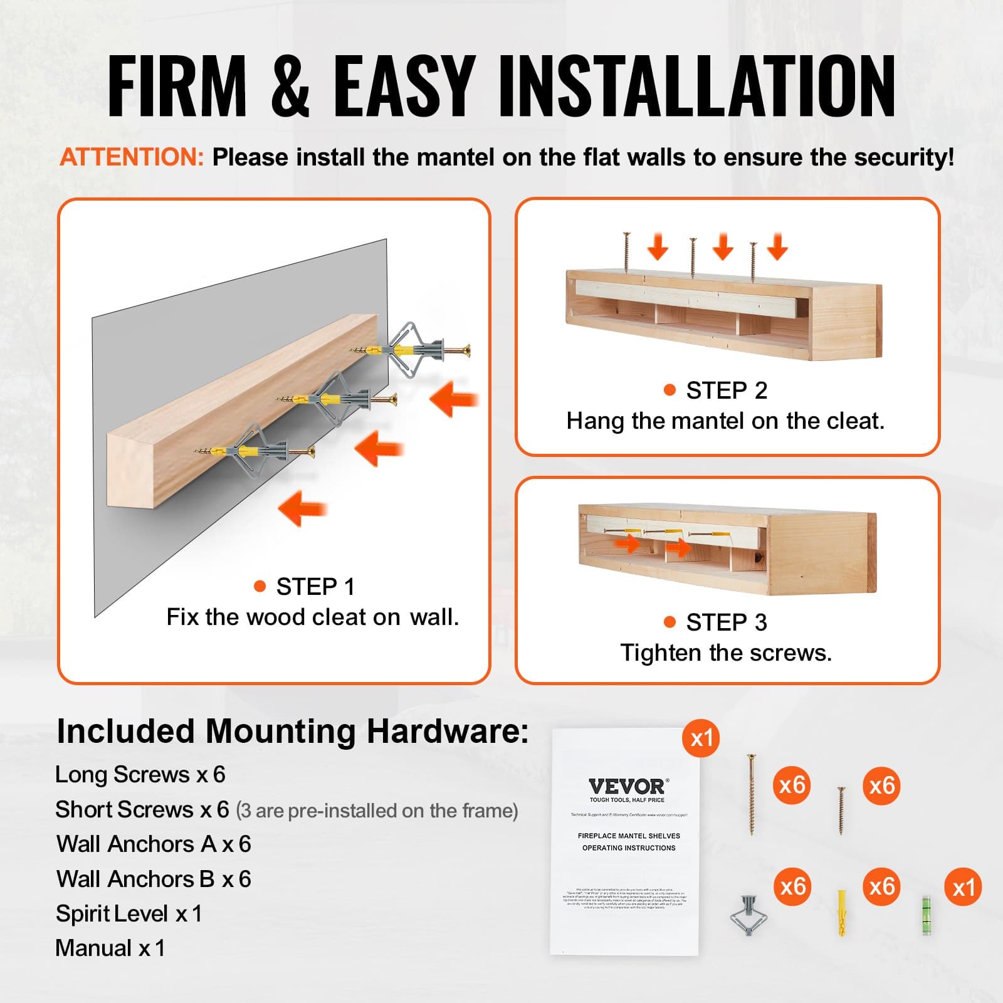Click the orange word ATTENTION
pos(132,157)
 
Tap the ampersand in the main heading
pos(290,86)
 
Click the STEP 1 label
pos(315,587)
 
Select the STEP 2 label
pos(726,391)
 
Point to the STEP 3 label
pos(726,622)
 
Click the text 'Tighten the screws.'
pos(726,653)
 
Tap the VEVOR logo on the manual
pos(628,787)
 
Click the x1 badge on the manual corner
pos(701,738)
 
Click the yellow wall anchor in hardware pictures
pos(842,913)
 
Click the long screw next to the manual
pos(751,794)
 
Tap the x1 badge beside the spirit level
pos(963,887)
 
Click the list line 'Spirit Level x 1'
pos(129,914)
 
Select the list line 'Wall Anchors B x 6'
pos(154,879)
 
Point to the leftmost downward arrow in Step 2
pos(658,246)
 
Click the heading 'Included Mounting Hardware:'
pos(293,732)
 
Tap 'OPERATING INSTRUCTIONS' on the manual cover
pos(629,848)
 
